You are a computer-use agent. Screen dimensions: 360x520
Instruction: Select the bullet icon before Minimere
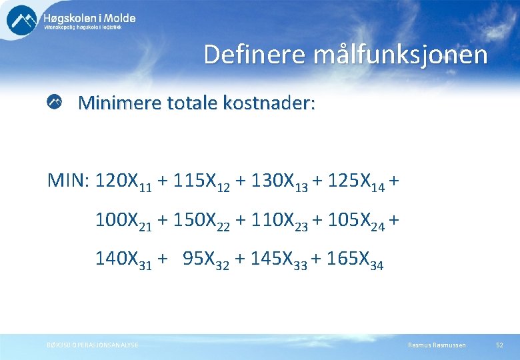pos(55,102)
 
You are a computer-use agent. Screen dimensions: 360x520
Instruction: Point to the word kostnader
pos(265,103)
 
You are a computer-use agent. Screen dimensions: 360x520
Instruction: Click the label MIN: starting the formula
pos(69,181)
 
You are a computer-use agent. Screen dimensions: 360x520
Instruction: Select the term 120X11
pos(123,182)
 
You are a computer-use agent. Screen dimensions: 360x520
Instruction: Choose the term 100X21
pos(123,221)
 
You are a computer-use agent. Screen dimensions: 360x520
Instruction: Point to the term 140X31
pos(123,261)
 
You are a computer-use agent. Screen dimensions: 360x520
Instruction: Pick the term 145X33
pos(279,261)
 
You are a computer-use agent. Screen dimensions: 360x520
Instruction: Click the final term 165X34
pos(355,261)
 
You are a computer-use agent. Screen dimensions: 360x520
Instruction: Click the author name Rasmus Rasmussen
pos(437,345)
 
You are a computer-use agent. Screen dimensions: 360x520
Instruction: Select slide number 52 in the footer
pos(499,345)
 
